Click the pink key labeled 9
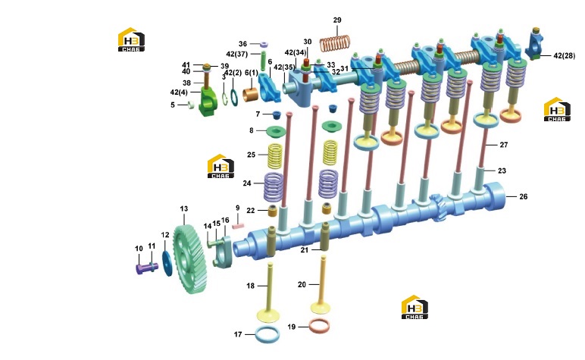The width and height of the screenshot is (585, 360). click(x=238, y=225)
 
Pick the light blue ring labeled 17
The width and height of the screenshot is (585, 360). click(x=267, y=334)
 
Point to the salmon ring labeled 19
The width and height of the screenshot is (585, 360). click(x=319, y=326)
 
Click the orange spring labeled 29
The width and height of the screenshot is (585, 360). click(x=335, y=44)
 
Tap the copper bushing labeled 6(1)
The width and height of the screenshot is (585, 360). click(x=250, y=95)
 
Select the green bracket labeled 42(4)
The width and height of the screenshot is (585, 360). click(x=209, y=101)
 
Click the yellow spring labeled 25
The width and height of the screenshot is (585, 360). click(x=275, y=155)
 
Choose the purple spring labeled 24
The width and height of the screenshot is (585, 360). click(x=274, y=186)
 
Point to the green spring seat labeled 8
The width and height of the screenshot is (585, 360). click(x=276, y=131)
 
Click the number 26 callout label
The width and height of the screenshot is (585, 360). click(x=524, y=196)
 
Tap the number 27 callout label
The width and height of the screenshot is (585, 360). click(x=504, y=145)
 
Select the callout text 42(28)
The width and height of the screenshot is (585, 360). click(x=564, y=56)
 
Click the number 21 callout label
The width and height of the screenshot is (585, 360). click(x=305, y=250)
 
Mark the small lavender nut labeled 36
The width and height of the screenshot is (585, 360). click(x=264, y=45)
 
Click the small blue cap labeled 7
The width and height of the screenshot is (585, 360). click(x=277, y=114)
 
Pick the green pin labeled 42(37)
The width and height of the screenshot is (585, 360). click(x=263, y=61)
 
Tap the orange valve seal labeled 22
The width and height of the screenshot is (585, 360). click(x=273, y=211)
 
